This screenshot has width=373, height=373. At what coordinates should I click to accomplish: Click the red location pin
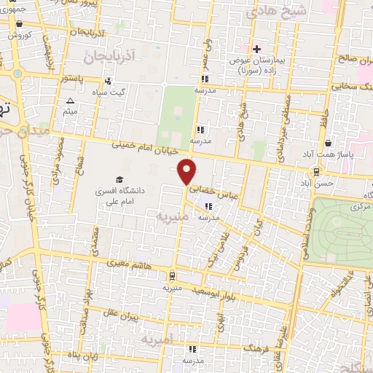coord(187,172)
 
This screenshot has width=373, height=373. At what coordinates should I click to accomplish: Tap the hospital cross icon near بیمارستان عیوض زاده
coord(256,48)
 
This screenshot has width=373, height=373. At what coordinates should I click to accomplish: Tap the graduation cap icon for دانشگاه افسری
coord(119,179)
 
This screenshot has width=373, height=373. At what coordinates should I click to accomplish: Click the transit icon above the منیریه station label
coord(171,276)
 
